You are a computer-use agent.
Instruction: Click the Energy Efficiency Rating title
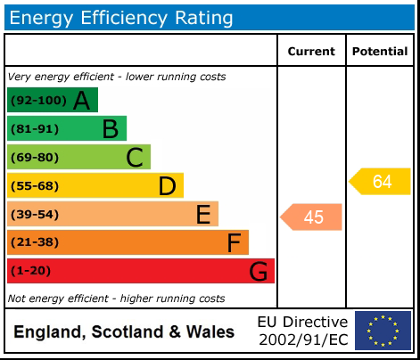pos(121,17)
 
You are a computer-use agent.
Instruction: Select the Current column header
pos(311,52)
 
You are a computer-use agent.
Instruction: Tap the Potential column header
pos(380,52)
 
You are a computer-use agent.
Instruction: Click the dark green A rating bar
pos(53,100)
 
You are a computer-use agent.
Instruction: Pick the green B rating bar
pos(67,128)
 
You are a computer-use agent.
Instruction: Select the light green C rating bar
pos(78,157)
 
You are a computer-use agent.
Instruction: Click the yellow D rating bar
pos(95,185)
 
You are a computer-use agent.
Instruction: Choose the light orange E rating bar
pos(112,214)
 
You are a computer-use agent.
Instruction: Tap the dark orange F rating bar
pos(128,242)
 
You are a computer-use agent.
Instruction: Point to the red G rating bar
pos(141,271)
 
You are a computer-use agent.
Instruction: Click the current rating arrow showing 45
pos(312,217)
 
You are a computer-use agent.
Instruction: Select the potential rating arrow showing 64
pos(381,182)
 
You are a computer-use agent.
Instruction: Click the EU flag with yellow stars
pos(383,331)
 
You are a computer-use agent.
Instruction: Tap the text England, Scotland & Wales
pos(124,332)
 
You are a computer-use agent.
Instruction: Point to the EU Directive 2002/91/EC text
pos(302,331)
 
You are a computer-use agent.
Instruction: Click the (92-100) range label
pos(37,101)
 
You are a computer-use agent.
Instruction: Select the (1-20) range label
pos(30,271)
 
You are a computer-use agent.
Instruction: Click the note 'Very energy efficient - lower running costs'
pos(117,77)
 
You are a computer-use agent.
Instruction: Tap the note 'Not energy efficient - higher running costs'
pos(116,299)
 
